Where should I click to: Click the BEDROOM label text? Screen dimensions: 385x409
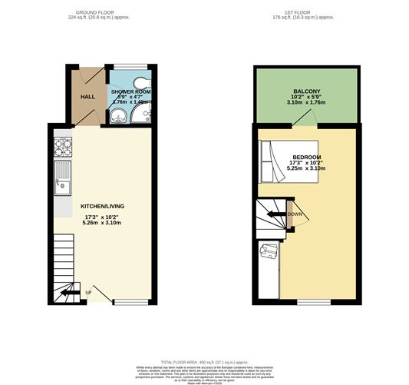(x=305, y=156)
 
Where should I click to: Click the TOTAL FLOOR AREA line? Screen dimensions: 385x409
(x=204, y=360)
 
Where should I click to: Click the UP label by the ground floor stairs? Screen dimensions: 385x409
(x=88, y=293)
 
